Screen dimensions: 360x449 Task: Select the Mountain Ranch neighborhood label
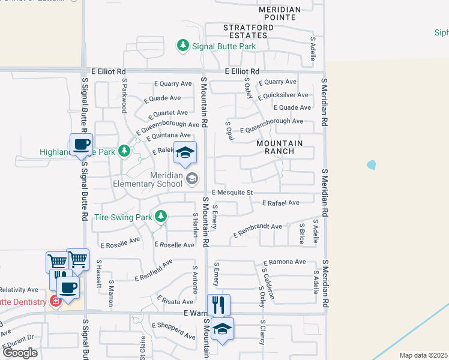point(280,147)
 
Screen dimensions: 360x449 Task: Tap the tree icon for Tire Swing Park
point(160,216)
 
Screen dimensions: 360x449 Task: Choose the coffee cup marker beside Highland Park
point(81,144)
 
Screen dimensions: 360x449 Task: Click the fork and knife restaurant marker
point(218,304)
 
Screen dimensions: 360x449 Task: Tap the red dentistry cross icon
point(56,301)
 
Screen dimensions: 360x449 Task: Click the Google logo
point(20,353)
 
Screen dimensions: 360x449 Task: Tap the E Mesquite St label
point(233,193)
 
